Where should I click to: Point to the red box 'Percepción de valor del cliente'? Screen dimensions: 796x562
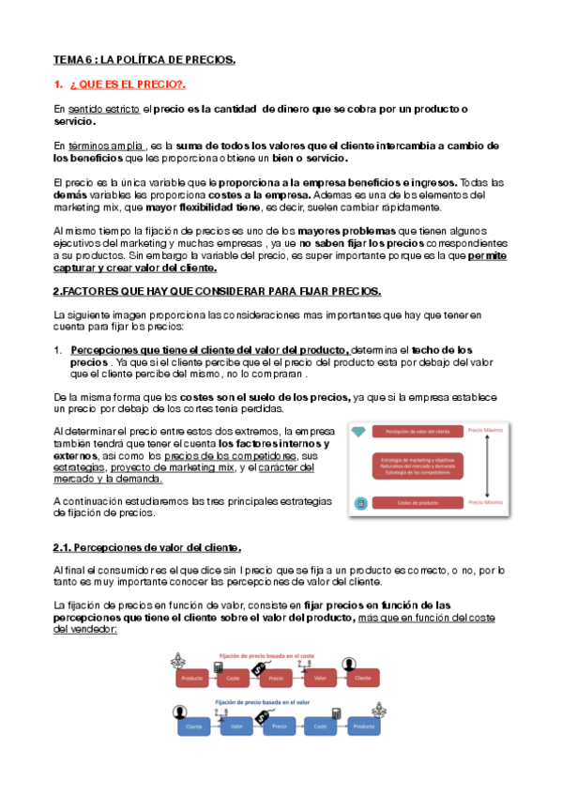point(417,431)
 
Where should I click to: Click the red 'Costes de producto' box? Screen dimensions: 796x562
point(417,503)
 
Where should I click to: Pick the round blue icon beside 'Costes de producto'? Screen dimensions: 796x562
point(359,503)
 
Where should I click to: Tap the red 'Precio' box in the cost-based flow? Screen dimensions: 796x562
point(276,676)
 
